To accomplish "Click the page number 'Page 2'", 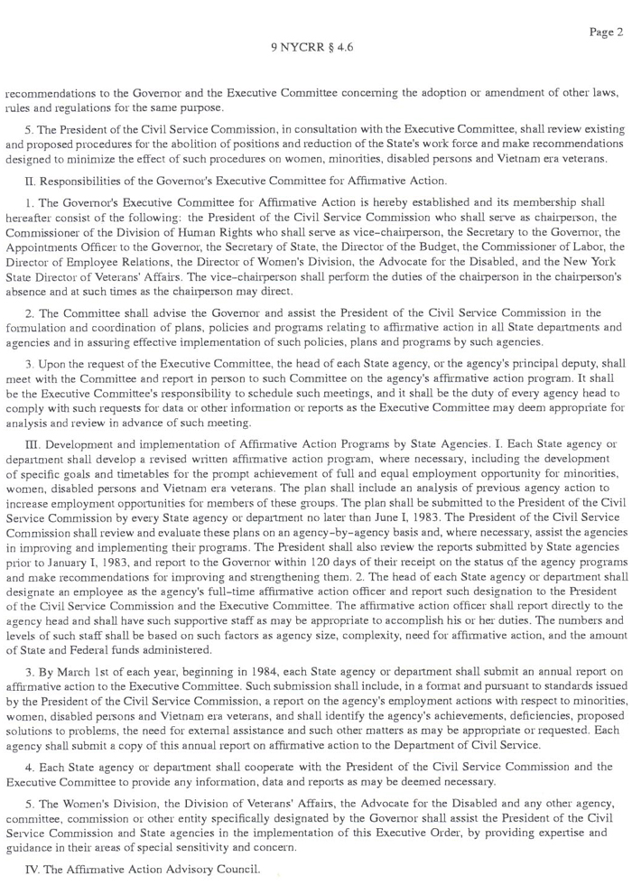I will tap(606, 33).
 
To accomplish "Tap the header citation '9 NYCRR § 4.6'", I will tap(311, 47).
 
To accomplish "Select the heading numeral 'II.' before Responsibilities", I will tap(32, 182).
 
